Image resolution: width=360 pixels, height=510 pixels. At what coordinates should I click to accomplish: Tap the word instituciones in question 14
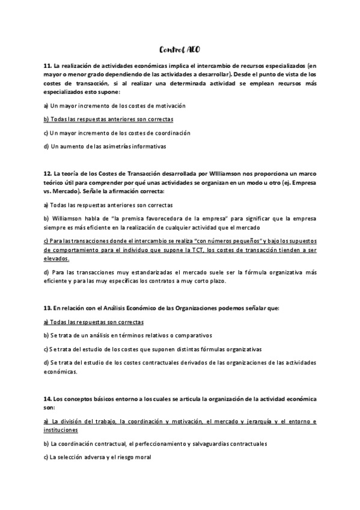[x=61, y=431]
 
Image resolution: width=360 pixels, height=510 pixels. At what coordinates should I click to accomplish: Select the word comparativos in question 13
[x=192, y=335]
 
